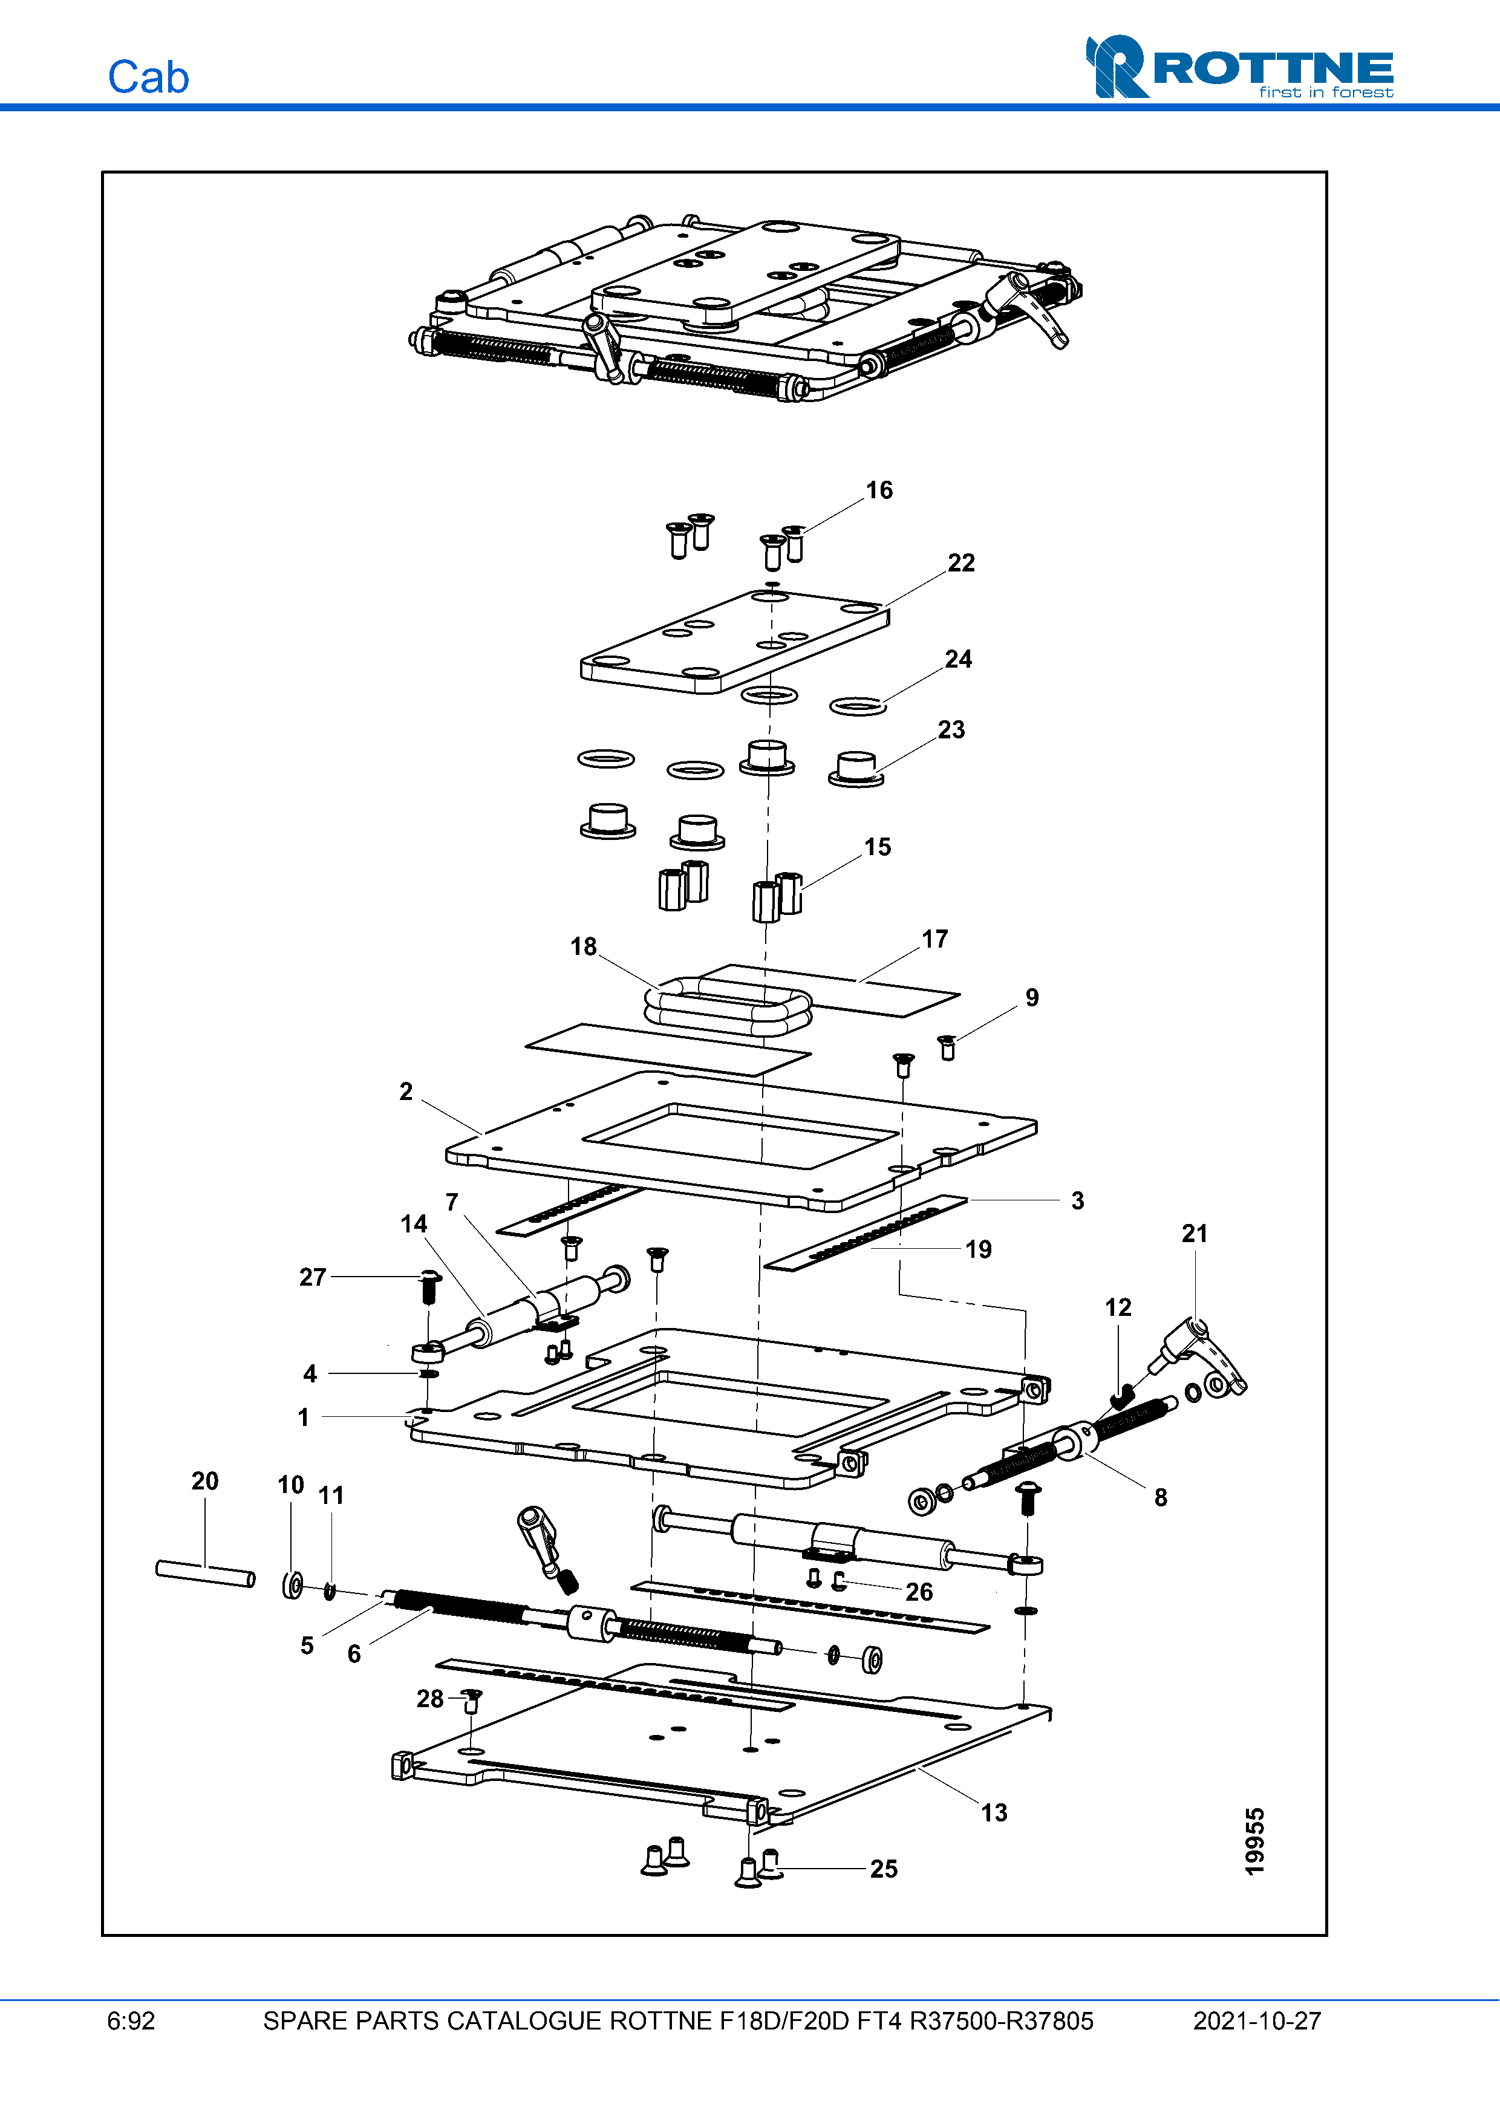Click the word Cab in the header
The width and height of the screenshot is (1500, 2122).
click(148, 77)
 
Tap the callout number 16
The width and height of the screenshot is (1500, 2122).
click(879, 491)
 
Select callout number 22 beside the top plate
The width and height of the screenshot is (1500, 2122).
click(960, 563)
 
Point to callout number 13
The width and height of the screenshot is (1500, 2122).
click(994, 1812)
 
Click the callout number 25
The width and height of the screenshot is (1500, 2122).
click(882, 1869)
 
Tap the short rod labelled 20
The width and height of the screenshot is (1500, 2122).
click(205, 1573)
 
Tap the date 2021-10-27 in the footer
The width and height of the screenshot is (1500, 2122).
click(1256, 2021)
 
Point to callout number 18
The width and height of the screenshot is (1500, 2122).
click(583, 946)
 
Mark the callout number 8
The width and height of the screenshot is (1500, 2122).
click(1160, 1498)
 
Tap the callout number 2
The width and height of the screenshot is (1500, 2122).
click(406, 1092)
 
